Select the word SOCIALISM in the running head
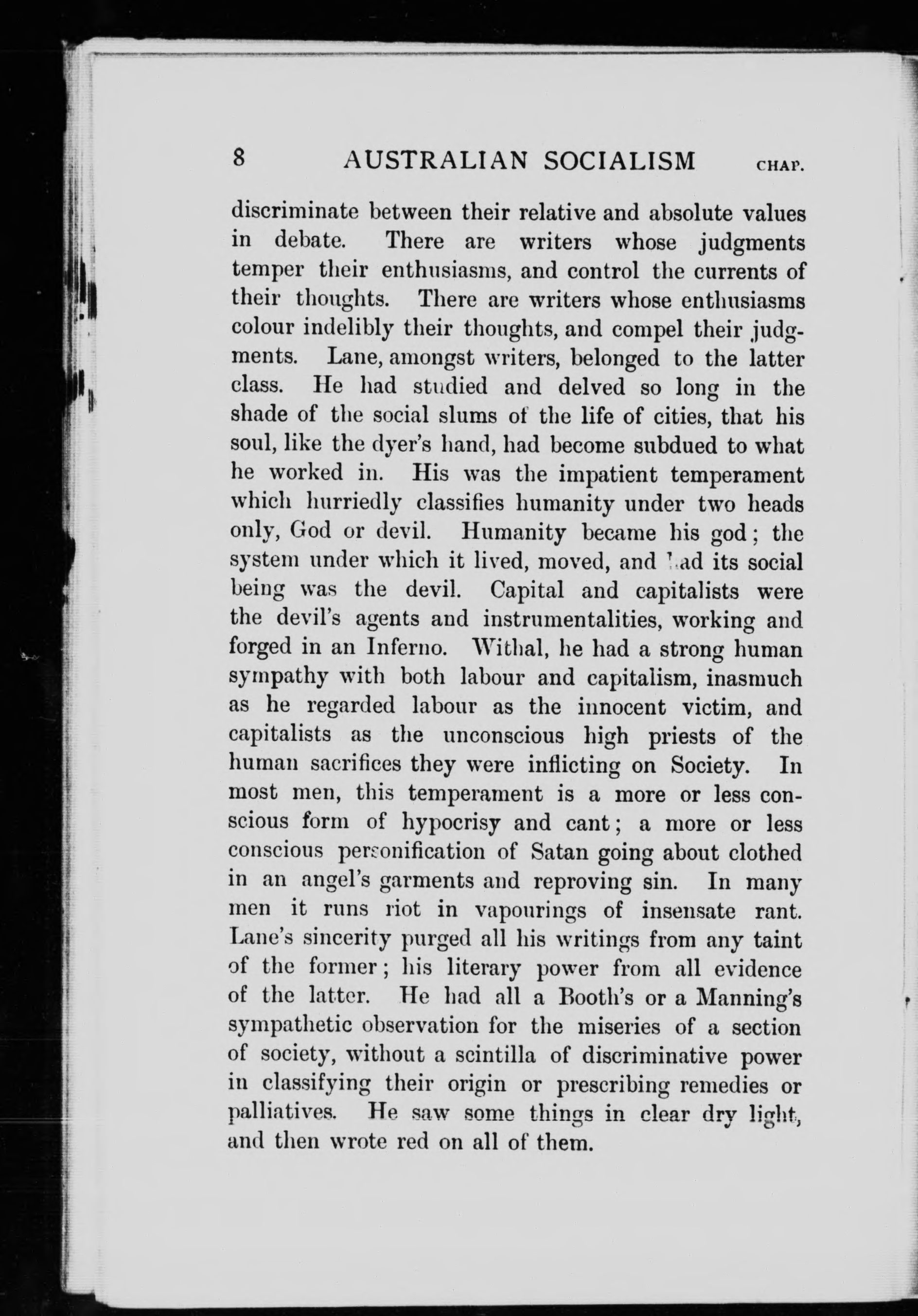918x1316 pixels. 619,160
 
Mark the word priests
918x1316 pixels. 684,735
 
